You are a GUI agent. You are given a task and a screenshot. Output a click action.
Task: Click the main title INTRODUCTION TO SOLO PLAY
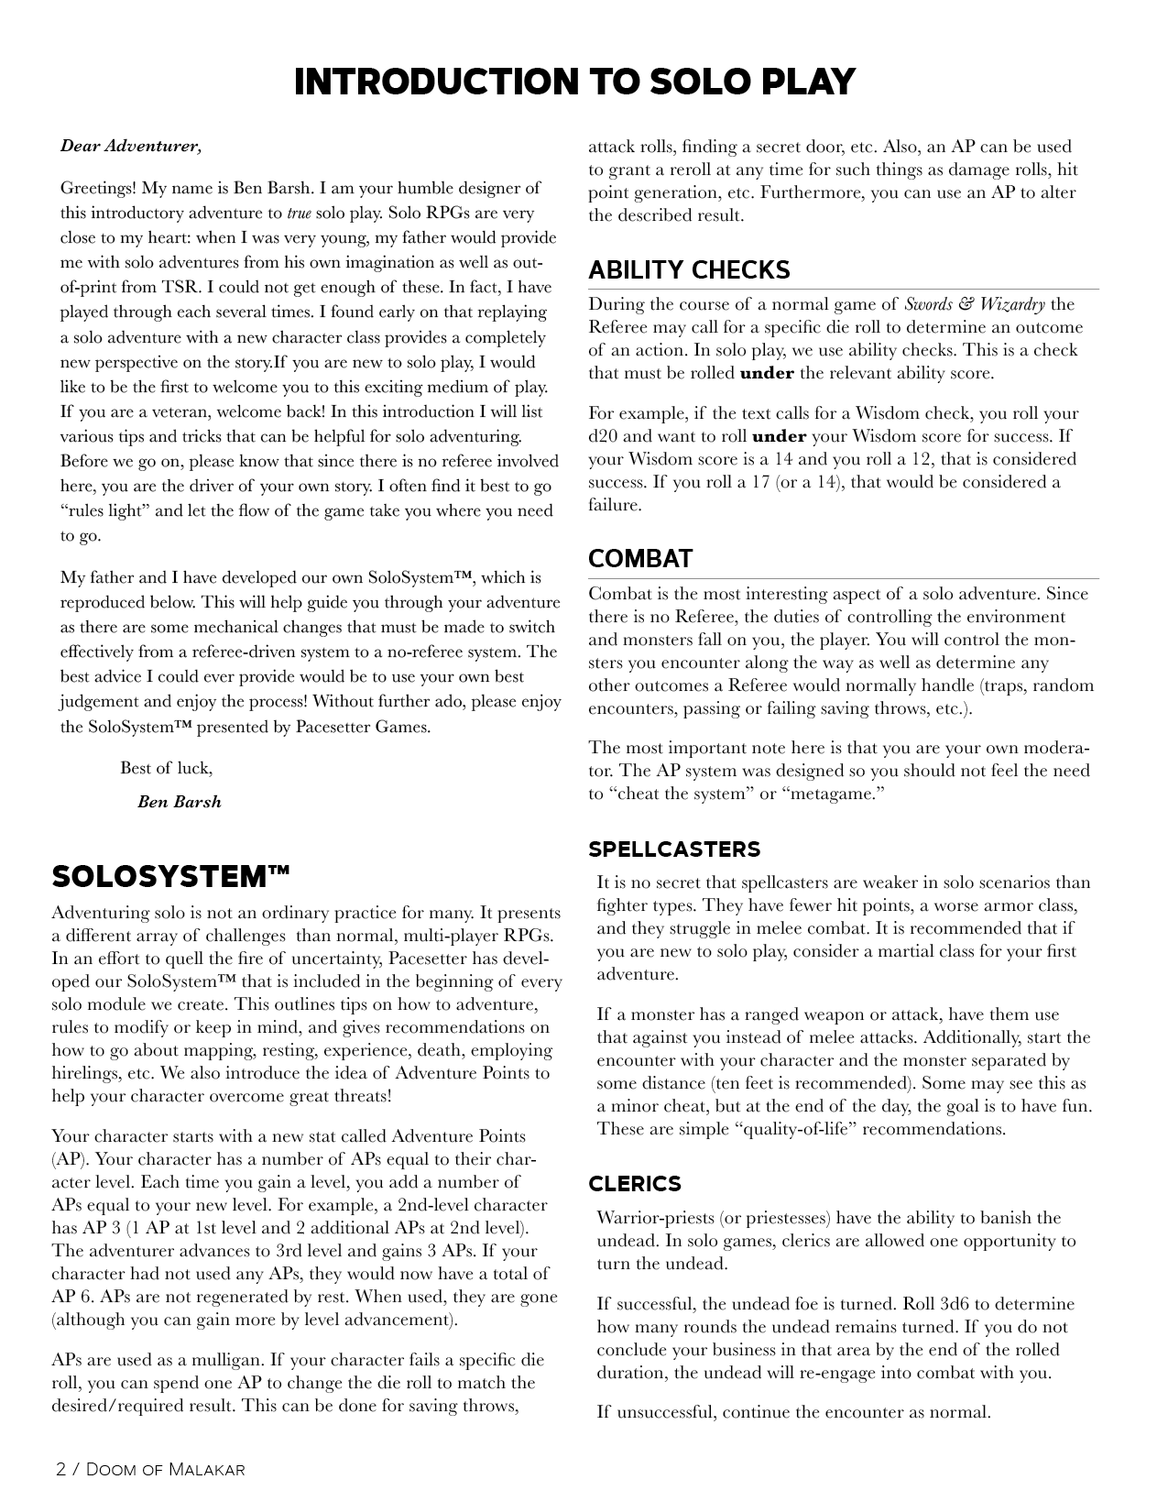tap(574, 82)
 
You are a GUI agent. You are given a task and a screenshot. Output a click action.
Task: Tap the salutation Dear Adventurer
tap(131, 146)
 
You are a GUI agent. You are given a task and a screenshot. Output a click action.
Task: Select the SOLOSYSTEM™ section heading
tap(170, 877)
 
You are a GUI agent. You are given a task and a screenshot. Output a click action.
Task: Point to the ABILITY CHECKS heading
tap(689, 270)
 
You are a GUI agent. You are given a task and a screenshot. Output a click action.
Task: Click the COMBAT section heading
tap(640, 559)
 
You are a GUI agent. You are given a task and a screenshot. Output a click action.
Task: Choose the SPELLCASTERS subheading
tap(674, 849)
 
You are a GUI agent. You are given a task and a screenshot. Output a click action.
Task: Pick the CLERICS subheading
tap(635, 1184)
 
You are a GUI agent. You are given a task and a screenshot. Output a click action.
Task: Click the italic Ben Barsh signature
tap(180, 802)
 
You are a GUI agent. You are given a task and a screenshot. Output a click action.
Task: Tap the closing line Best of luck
tap(166, 768)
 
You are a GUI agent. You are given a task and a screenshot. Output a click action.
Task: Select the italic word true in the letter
tap(299, 214)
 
